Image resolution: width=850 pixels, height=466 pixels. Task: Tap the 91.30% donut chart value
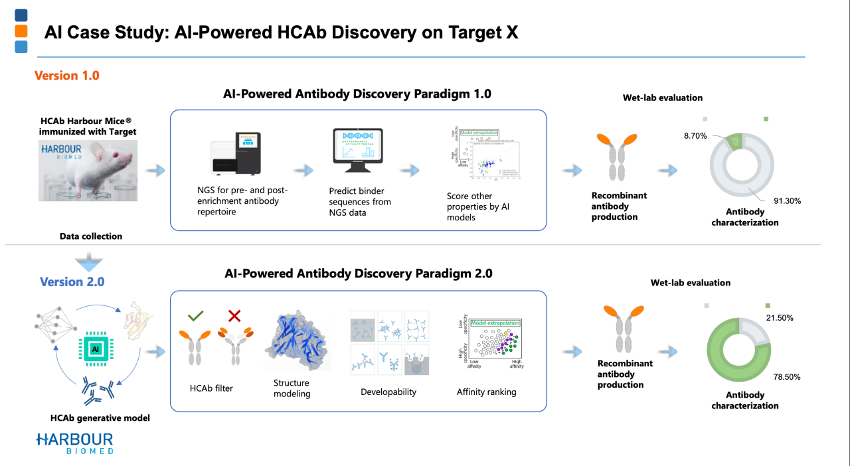coord(788,199)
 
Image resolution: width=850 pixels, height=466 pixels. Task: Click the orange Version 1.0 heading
coord(67,76)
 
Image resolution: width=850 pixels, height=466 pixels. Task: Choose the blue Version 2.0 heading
coord(72,281)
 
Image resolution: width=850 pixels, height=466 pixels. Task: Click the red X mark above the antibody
coord(234,316)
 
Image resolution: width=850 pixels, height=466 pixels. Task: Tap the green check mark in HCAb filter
coord(196,316)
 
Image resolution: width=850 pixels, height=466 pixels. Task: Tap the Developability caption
coord(388,392)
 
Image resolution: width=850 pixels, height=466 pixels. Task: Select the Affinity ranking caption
coord(486,392)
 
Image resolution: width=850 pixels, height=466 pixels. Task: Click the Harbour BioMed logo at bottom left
coord(74,443)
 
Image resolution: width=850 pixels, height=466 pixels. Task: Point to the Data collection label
coord(91,236)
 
